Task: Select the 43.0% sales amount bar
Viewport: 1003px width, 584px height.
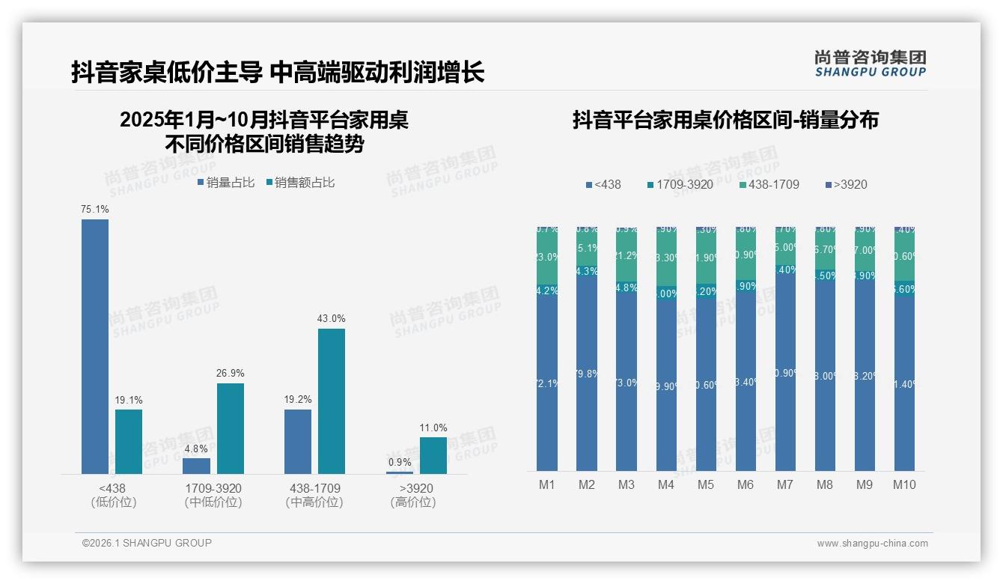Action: pyautogui.click(x=332, y=401)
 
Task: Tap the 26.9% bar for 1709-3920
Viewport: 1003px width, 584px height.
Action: pyautogui.click(x=231, y=428)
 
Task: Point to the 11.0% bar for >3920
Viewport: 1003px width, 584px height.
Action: pyautogui.click(x=433, y=455)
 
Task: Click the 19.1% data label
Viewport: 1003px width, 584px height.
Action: pyautogui.click(x=128, y=400)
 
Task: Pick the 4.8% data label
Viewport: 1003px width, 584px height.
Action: pyautogui.click(x=196, y=448)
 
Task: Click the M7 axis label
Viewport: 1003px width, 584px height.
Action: pyautogui.click(x=784, y=484)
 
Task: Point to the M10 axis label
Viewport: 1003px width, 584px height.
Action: pyautogui.click(x=904, y=484)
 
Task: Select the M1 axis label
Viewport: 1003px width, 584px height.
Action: pyautogui.click(x=547, y=484)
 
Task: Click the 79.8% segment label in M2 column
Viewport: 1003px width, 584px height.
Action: pyautogui.click(x=587, y=374)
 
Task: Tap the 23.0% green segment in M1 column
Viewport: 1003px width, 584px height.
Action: pyautogui.click(x=547, y=257)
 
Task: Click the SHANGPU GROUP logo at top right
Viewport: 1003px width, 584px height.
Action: pyautogui.click(x=870, y=64)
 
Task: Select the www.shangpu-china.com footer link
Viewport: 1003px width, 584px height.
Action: pyautogui.click(x=872, y=544)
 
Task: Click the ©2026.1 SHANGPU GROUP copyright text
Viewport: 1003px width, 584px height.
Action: pyautogui.click(x=147, y=543)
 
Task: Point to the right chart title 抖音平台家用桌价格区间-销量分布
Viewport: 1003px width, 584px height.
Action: pyautogui.click(x=725, y=120)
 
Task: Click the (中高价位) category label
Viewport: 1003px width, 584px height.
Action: pyautogui.click(x=314, y=502)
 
